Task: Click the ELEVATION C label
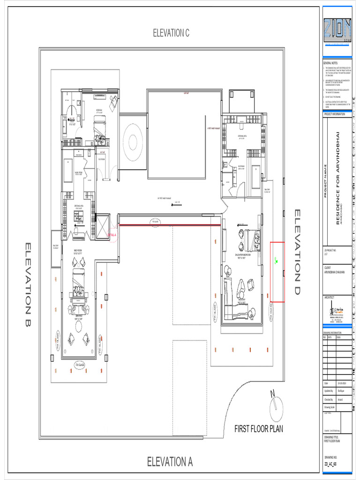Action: [171, 33]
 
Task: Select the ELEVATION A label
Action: [170, 461]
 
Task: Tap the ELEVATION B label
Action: [28, 285]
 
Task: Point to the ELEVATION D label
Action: [298, 252]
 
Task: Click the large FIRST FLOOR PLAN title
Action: [259, 428]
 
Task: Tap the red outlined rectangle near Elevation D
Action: [277, 272]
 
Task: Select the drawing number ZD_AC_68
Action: [330, 463]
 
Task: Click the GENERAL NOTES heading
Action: [330, 63]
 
